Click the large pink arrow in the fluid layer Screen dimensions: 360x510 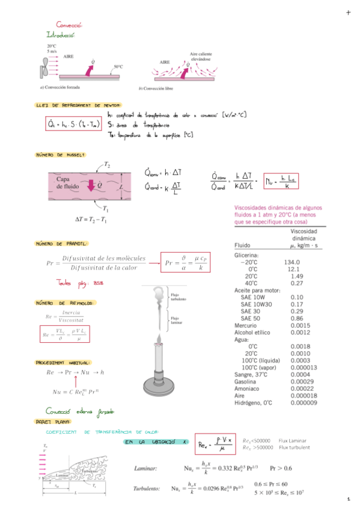point(91,185)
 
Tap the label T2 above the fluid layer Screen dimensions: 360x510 point(106,164)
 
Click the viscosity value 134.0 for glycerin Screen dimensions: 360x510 point(293,262)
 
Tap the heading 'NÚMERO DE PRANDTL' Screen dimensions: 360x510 point(62,244)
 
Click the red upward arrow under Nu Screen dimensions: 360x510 point(75,381)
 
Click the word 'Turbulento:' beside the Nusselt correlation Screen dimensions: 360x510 point(147,489)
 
